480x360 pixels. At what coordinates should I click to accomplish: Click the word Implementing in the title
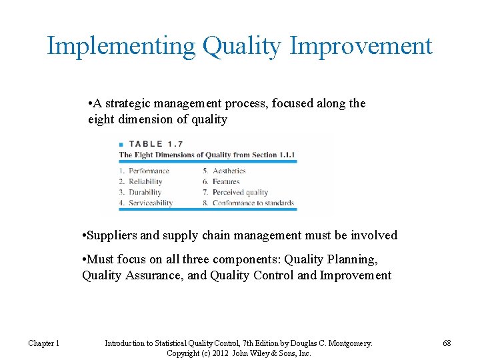(x=121, y=47)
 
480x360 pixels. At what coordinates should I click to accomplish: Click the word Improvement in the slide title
(x=361, y=47)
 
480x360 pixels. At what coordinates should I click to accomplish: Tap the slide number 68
(x=447, y=343)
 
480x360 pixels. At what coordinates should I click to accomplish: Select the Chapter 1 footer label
(x=44, y=343)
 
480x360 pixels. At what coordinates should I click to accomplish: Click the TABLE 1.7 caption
(x=156, y=144)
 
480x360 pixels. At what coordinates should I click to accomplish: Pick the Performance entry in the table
(x=149, y=171)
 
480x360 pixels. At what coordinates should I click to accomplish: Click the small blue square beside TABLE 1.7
(x=121, y=145)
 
